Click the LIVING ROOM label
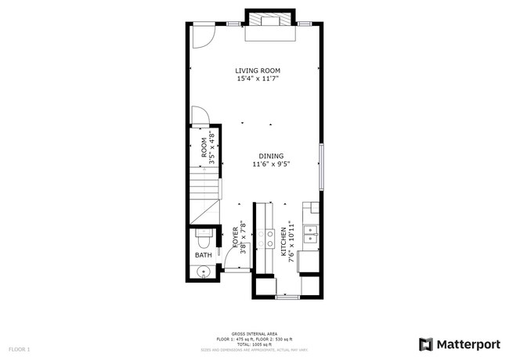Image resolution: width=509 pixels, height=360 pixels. [x=258, y=70]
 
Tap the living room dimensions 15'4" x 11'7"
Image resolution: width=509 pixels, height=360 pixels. [x=258, y=79]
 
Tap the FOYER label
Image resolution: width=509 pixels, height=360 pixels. [x=235, y=237]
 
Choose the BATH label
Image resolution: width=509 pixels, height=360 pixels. [x=203, y=255]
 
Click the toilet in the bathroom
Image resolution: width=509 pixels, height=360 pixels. [x=203, y=234]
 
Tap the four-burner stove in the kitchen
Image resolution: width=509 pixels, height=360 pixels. [x=269, y=239]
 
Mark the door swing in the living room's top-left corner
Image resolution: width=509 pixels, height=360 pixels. [x=203, y=34]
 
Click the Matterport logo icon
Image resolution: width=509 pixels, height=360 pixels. [x=426, y=344]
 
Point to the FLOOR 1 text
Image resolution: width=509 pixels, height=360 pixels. [x=20, y=348]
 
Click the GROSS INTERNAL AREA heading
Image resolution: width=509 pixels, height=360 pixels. [x=254, y=333]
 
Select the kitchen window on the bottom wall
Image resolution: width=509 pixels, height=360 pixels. [x=287, y=297]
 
